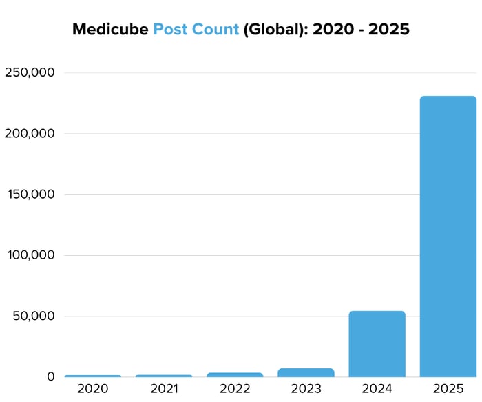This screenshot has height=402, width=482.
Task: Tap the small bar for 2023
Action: click(x=306, y=372)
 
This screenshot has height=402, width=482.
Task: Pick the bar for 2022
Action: click(x=235, y=374)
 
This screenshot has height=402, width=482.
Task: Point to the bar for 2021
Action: click(x=164, y=376)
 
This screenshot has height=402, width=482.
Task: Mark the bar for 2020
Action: click(x=93, y=376)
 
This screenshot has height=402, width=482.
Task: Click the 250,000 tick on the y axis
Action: click(x=30, y=72)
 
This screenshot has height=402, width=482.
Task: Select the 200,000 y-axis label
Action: click(x=30, y=133)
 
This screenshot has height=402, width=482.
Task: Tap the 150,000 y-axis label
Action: click(x=30, y=194)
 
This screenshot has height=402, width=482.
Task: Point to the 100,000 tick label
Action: click(x=30, y=255)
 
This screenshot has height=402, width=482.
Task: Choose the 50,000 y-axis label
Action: click(x=33, y=316)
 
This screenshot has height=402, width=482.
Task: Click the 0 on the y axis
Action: click(x=50, y=376)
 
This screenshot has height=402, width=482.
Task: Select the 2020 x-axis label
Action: click(x=93, y=388)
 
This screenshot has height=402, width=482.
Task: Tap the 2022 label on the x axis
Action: click(x=235, y=388)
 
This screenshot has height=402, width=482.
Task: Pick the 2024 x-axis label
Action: click(x=377, y=388)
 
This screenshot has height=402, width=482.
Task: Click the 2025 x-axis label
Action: click(x=448, y=388)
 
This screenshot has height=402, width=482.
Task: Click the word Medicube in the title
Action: click(x=110, y=30)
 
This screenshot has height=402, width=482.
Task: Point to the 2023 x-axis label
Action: click(x=306, y=388)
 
